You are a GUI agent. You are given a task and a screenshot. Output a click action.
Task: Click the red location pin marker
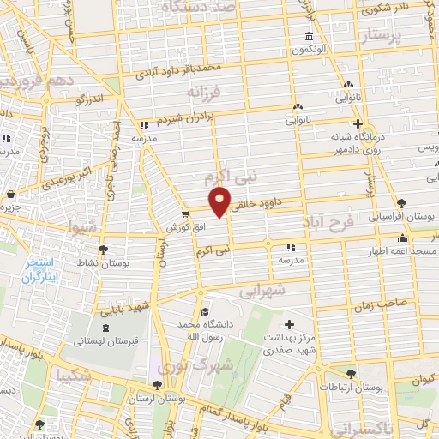click(220, 201)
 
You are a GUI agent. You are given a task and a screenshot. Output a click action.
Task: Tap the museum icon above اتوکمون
click(309, 36)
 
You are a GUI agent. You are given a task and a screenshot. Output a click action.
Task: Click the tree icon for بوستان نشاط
click(104, 250)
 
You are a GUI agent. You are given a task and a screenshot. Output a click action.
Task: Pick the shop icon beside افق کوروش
click(184, 214)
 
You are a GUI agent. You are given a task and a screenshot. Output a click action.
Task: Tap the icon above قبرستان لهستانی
click(105, 328)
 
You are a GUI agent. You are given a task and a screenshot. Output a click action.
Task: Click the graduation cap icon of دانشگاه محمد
click(203, 313)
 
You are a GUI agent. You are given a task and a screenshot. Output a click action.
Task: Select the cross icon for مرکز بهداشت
click(289, 325)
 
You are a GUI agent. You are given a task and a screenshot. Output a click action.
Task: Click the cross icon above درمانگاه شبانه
click(358, 123)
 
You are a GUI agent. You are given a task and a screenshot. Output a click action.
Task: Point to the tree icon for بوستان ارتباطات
click(351, 373)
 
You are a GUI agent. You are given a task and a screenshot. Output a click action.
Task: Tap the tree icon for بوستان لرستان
click(156, 386)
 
